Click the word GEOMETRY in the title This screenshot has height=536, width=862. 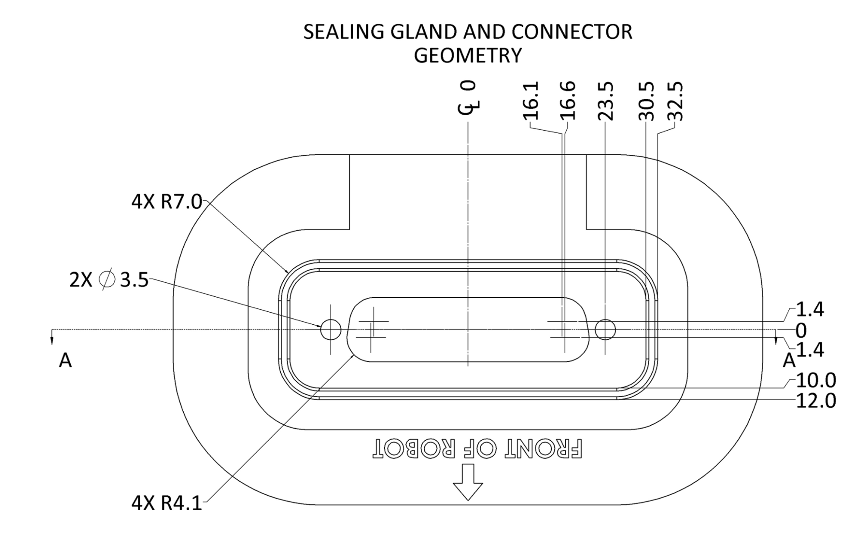click(468, 55)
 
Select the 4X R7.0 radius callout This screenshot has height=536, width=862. click(166, 201)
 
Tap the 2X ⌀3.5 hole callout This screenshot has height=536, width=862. click(109, 280)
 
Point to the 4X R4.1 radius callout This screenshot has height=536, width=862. click(166, 503)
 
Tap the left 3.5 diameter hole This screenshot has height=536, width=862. click(331, 330)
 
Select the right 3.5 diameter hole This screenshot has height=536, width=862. click(605, 330)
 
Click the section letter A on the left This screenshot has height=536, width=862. click(65, 360)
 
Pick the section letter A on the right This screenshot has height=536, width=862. click(789, 360)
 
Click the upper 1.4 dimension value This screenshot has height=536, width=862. click(809, 310)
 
